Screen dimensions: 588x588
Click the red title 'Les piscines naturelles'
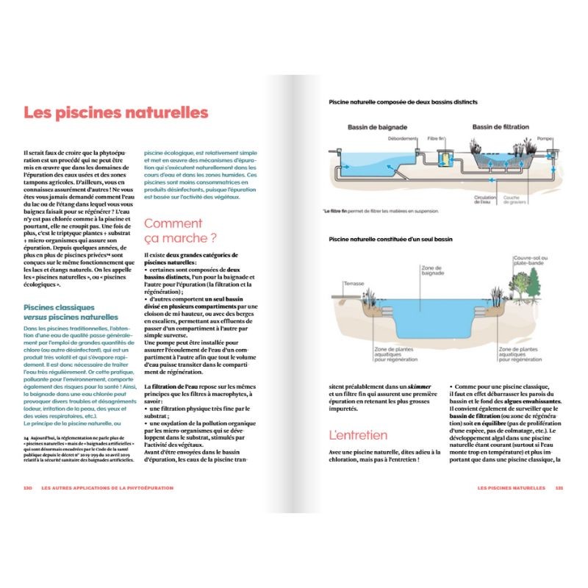coord(115,113)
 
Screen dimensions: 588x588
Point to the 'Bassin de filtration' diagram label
coord(500,128)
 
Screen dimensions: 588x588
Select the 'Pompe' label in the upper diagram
coord(544,138)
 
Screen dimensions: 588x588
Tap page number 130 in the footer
coord(28,487)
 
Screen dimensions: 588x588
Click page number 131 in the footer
coord(559,487)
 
